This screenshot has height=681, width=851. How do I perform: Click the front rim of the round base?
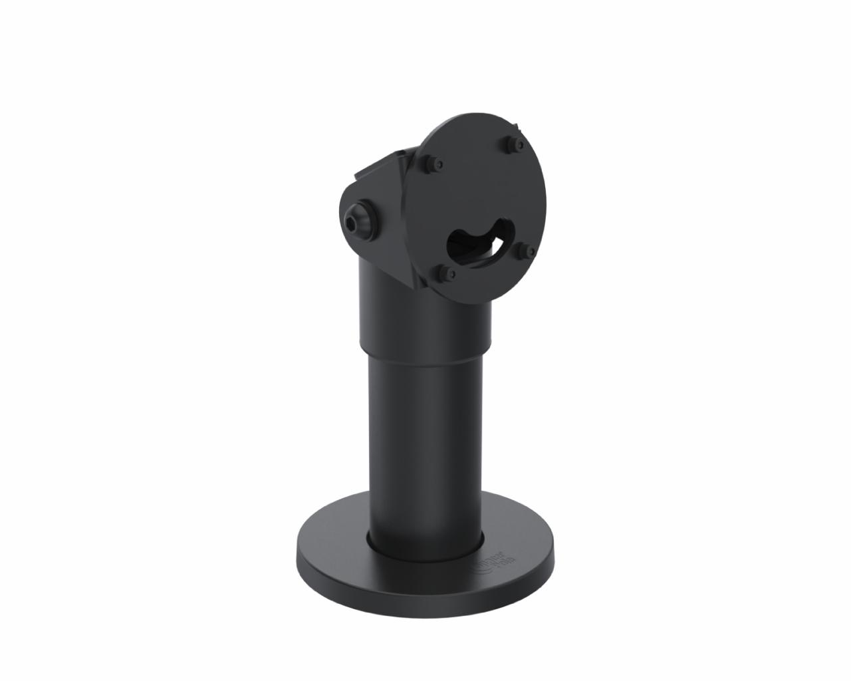425,592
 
